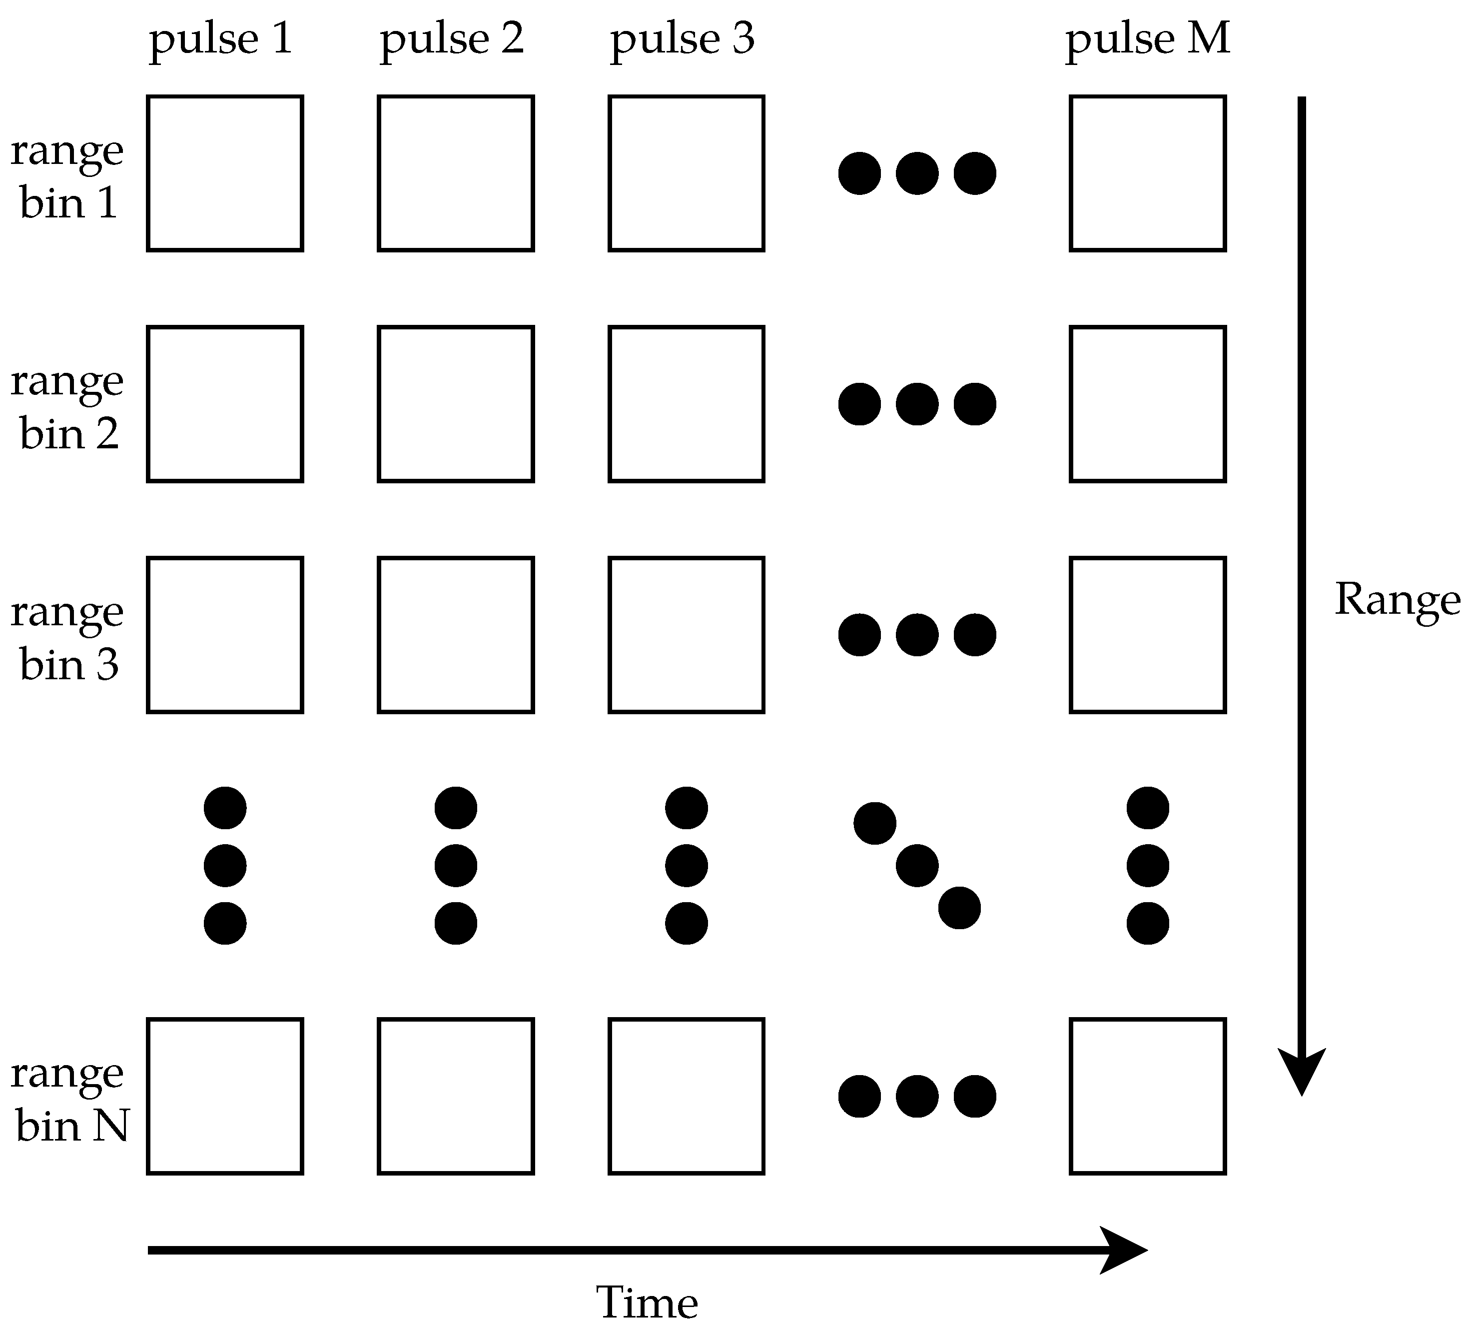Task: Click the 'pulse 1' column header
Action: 221,39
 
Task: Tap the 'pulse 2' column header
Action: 452,39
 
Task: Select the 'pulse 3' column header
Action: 683,39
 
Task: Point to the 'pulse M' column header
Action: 1148,39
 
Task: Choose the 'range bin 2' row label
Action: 67,407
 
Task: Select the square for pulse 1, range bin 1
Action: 225,173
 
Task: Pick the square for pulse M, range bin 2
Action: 1148,404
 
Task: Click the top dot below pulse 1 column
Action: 225,808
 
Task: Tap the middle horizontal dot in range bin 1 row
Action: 917,173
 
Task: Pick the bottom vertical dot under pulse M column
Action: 1148,924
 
